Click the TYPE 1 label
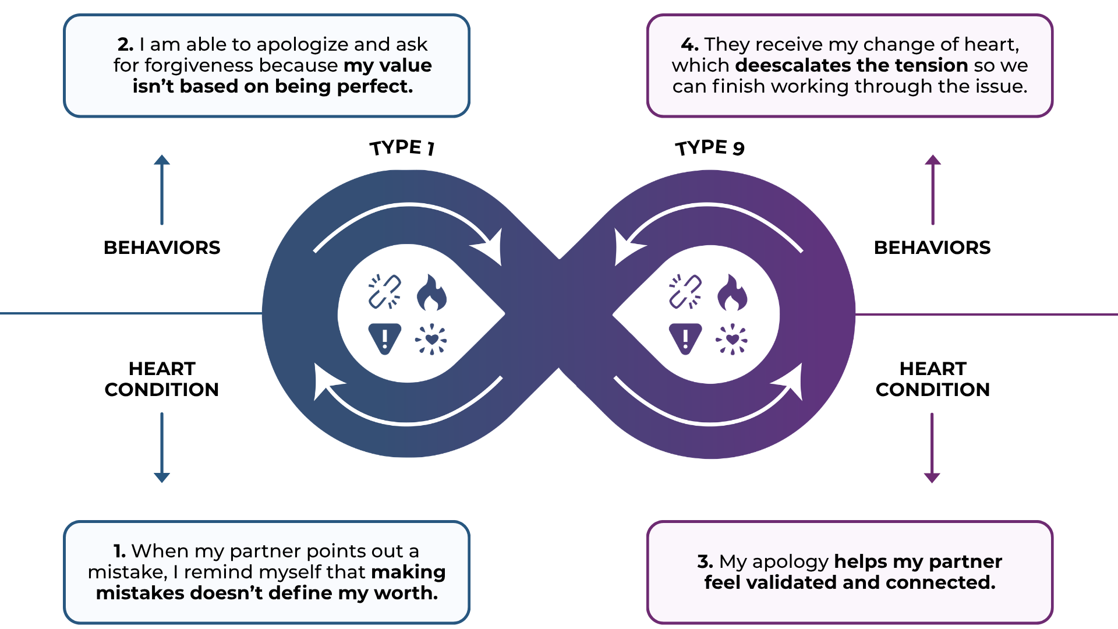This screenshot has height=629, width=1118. [402, 147]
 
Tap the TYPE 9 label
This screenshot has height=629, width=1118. [710, 147]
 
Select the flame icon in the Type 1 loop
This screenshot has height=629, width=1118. [431, 292]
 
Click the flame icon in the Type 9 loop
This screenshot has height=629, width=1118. [732, 292]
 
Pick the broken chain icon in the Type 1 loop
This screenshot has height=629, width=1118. [385, 291]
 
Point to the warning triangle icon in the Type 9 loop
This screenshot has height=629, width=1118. [685, 338]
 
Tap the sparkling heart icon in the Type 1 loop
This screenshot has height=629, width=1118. [431, 339]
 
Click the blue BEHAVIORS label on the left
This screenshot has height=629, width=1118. [162, 248]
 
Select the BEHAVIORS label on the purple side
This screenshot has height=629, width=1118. [932, 248]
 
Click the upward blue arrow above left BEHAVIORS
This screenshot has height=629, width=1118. [162, 189]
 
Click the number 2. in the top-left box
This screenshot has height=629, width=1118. [125, 44]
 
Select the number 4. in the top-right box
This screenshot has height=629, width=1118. [689, 44]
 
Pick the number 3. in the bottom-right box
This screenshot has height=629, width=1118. [705, 561]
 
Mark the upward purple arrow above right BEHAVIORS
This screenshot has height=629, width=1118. [933, 189]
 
